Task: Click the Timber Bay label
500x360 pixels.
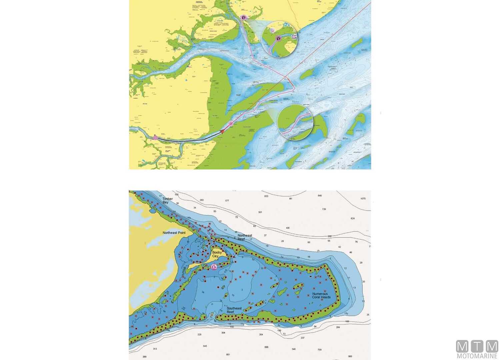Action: coord(168,200)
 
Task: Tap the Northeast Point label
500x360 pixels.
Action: coord(174,233)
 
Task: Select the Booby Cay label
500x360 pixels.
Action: coord(217,254)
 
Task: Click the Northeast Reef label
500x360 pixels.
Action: coord(245,237)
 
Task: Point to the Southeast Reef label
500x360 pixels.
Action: coord(234,310)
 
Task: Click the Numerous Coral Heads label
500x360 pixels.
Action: coord(321,296)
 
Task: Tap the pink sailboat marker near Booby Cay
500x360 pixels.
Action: coord(214,267)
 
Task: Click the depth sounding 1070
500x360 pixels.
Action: coord(363,199)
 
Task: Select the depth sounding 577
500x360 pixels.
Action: coord(227,201)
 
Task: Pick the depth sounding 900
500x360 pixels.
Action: coord(350,356)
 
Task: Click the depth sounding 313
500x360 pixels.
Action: coord(155,349)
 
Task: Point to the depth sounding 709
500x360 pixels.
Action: coord(320,350)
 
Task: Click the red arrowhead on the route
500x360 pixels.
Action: coord(222,132)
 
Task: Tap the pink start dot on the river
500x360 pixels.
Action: coord(155,137)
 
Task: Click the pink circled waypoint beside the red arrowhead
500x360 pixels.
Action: coord(231,124)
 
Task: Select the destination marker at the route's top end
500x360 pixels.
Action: coord(244,17)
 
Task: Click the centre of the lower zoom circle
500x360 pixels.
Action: coord(295,122)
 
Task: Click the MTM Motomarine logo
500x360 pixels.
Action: coord(477,349)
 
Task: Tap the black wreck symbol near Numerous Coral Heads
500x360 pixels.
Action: coord(311,276)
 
